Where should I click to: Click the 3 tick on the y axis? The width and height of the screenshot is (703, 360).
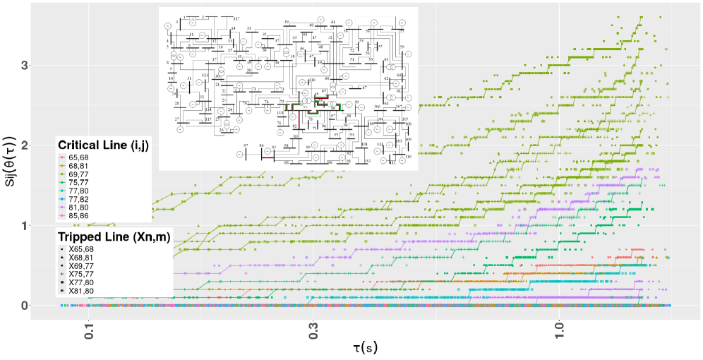point(44,65)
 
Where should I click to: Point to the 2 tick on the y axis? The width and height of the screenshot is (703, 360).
point(44,145)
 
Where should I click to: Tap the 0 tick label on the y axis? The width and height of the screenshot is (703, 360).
point(44,306)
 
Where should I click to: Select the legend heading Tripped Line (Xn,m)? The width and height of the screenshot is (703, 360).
point(116,237)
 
